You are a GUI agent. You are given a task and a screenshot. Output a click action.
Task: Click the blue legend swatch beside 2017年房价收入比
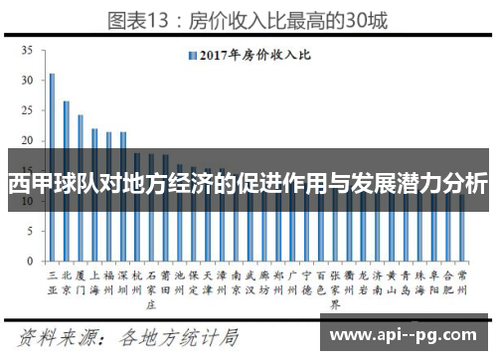click(189, 55)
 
